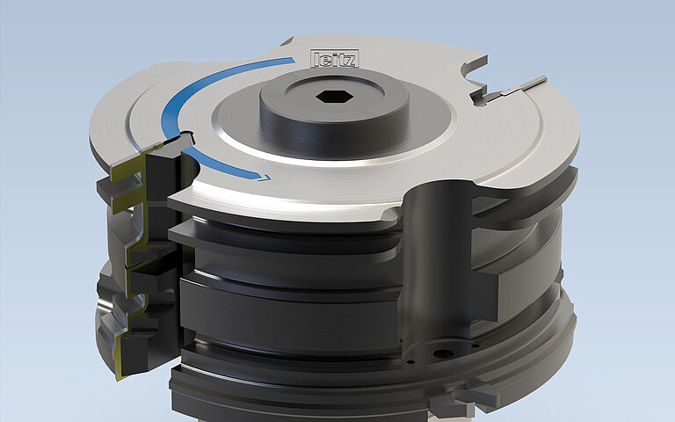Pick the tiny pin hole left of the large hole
(411, 359)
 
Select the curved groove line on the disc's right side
(536, 149)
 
